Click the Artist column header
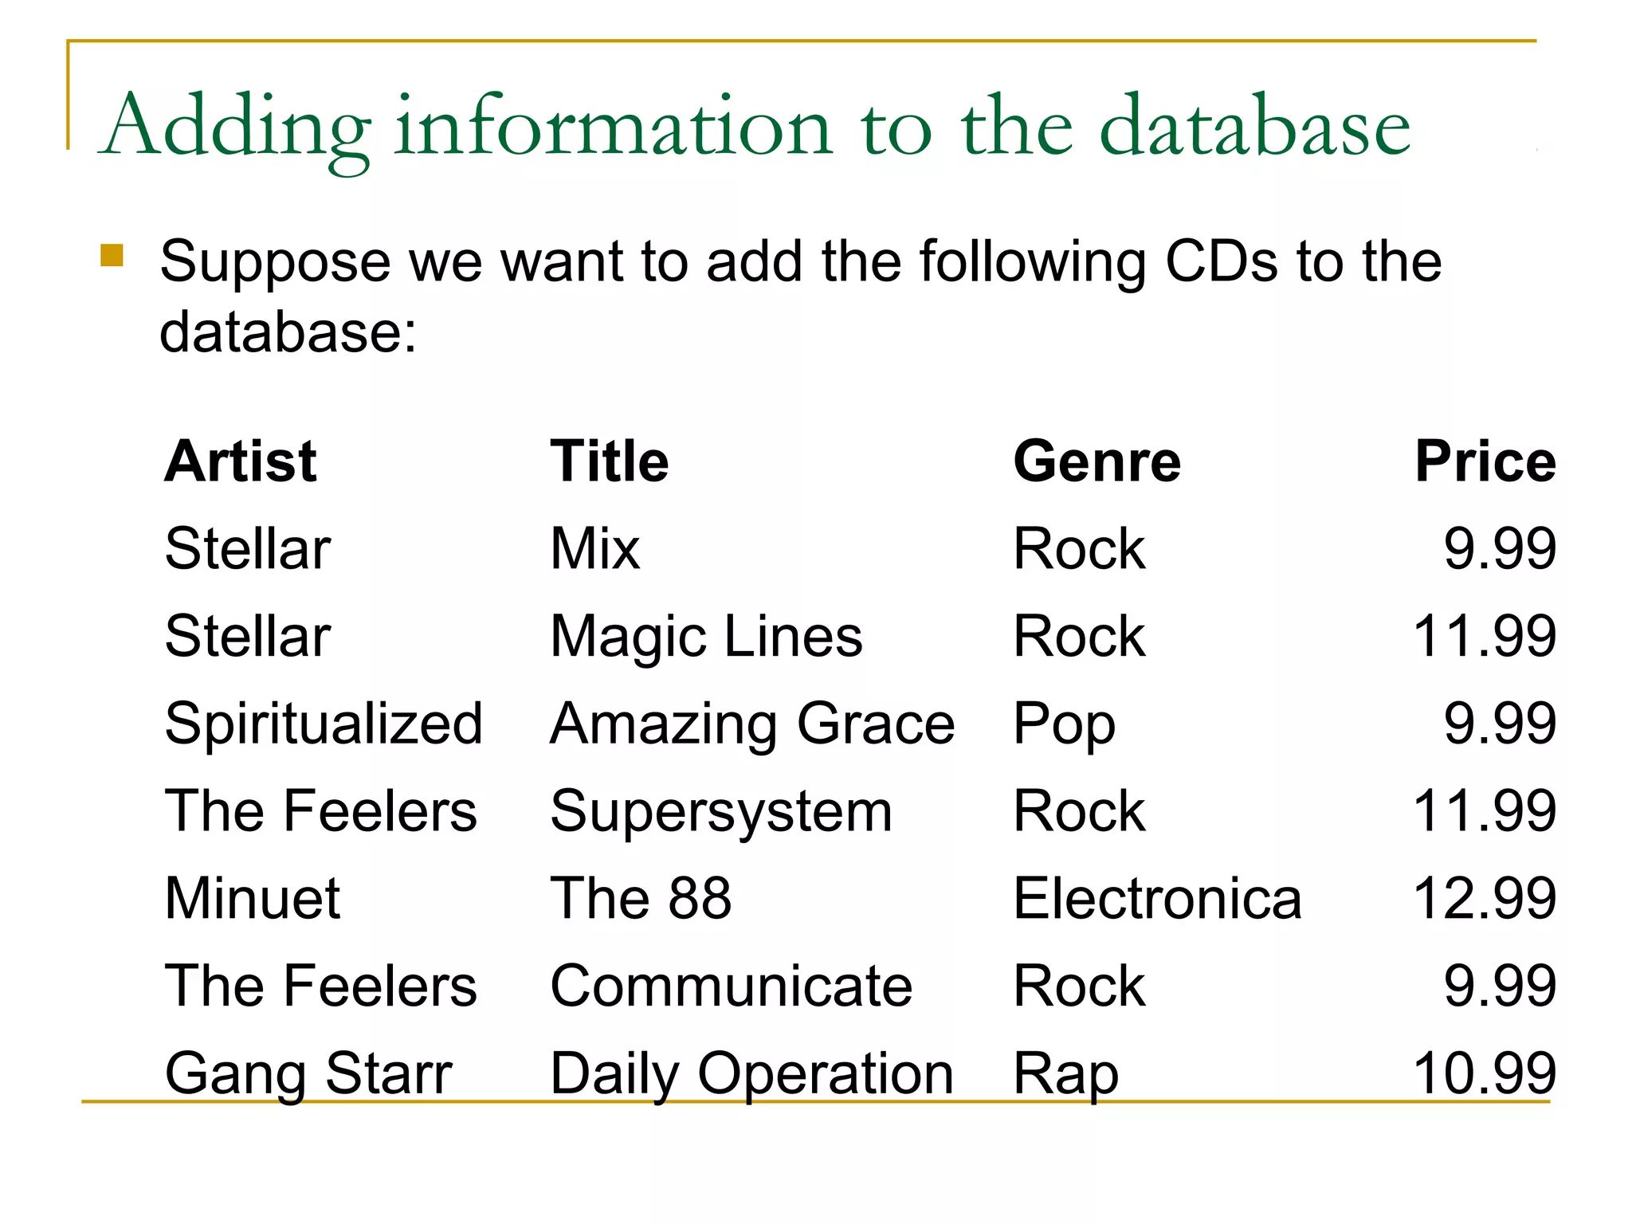coord(240,461)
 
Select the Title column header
coord(610,461)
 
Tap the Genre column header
coord(1096,461)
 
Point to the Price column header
coord(1485,461)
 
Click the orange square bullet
coord(112,255)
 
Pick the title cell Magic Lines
coord(706,637)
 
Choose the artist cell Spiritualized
coord(324,724)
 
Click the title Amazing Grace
coord(752,724)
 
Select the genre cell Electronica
coord(1157,898)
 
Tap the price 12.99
coord(1484,898)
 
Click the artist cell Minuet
coord(253,898)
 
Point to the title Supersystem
coord(721,811)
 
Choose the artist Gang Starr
coord(308,1073)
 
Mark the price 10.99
coord(1484,1073)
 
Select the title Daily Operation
coord(751,1073)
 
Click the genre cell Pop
coord(1064,724)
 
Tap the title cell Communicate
coord(731,986)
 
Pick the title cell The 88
coord(641,898)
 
